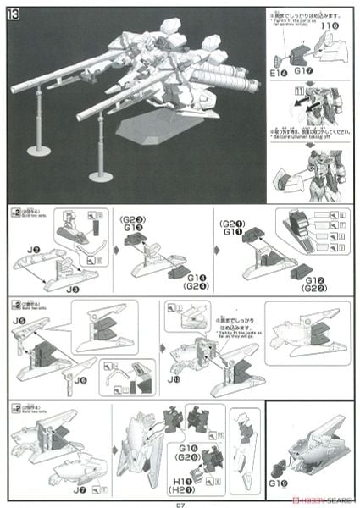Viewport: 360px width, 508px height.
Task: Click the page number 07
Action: tap(180, 500)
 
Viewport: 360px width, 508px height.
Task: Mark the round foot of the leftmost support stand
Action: tap(38, 150)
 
